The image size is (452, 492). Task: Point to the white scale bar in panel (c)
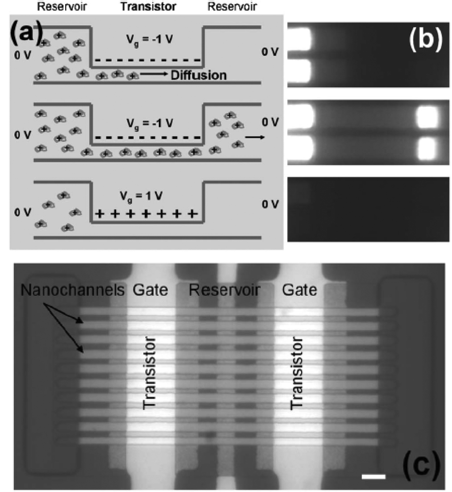tap(374, 477)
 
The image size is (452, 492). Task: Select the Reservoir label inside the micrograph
tap(221, 291)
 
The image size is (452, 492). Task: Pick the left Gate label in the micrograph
tap(151, 291)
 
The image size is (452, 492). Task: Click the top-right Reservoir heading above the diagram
tap(229, 7)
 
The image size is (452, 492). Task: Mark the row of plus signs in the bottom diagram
tap(146, 214)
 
